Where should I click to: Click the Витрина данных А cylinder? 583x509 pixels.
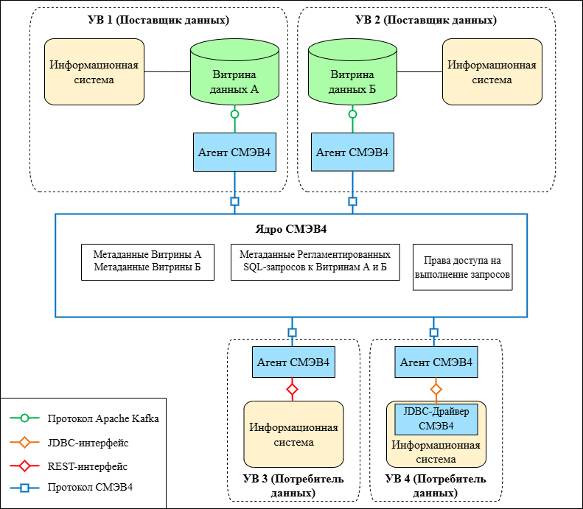click(234, 74)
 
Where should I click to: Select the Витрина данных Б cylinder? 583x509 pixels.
click(352, 74)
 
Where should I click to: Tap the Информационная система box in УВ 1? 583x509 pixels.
click(94, 71)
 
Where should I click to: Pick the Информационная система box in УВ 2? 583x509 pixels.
click(492, 71)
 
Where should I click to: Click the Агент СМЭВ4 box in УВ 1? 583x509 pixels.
click(234, 152)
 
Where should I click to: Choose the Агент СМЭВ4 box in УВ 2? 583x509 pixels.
click(352, 152)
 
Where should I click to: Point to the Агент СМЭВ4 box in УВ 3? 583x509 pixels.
click(293, 362)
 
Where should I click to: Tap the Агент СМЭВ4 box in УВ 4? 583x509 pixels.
click(435, 362)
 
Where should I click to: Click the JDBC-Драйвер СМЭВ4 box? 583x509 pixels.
click(436, 418)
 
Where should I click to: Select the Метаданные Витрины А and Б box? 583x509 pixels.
click(147, 261)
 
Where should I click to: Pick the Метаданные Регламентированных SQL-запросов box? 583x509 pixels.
click(315, 261)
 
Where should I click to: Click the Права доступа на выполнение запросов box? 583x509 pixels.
click(462, 267)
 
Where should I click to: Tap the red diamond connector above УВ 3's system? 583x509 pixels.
click(292, 388)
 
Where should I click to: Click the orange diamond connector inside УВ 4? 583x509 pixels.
click(436, 388)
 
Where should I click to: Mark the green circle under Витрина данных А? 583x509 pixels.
click(234, 114)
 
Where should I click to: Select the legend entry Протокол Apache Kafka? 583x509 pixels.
click(102, 418)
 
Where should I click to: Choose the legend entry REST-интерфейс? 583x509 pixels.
click(87, 466)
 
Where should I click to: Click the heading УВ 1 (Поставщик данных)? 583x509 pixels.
click(159, 20)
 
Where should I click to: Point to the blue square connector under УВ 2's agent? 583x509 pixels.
click(352, 201)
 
